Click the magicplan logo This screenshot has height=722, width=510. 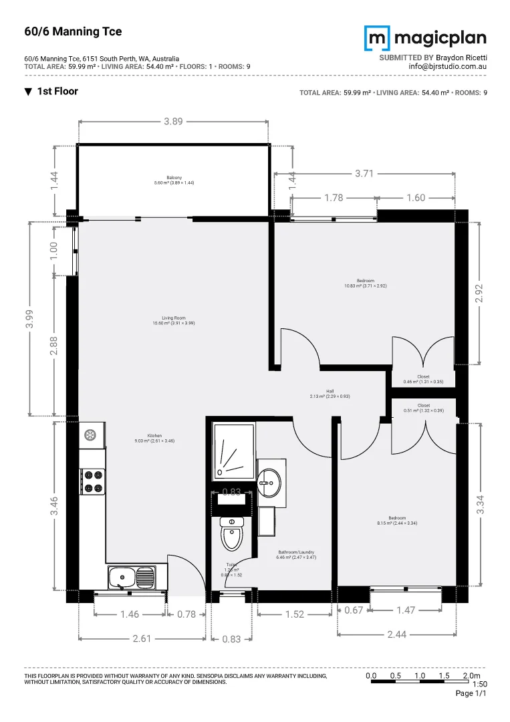pos(425,38)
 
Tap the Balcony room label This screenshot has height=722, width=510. pos(173,180)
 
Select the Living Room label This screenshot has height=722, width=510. pos(173,321)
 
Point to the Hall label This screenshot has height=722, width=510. pos(330,394)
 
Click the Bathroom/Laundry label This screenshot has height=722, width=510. pos(296,555)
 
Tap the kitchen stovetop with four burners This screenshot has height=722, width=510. pos(93,481)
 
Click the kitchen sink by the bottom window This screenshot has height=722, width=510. pos(131,576)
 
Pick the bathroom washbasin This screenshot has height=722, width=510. pos(271,479)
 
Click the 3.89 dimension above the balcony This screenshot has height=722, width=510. pos(174,122)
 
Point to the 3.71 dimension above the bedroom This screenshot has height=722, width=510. pos(364,173)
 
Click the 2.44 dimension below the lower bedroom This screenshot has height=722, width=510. pos(397,634)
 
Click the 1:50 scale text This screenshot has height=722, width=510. pos(479,684)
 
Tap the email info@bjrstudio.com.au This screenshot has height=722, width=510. pos(447,66)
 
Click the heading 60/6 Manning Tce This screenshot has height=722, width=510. pos(63,31)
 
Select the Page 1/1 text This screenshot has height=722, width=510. pos(471,694)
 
